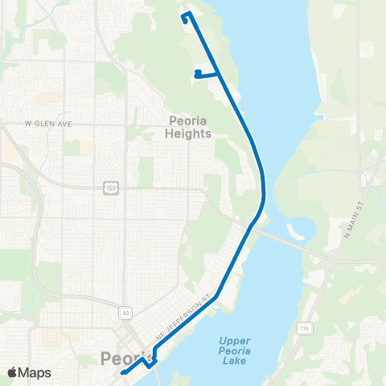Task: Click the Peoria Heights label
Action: (x=191, y=128)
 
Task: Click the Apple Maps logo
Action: (x=29, y=372)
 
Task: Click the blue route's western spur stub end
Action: (x=197, y=73)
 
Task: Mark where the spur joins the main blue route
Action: (x=220, y=72)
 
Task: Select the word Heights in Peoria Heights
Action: (x=191, y=134)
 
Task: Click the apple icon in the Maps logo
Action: (x=12, y=372)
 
